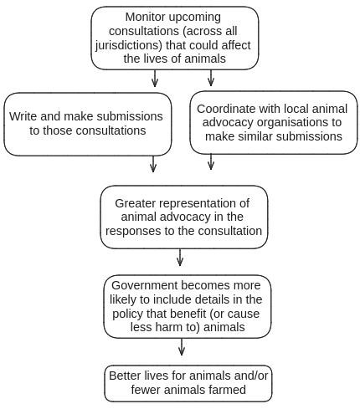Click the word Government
click(x=152, y=284)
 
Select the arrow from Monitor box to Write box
click(x=155, y=79)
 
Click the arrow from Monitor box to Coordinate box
click(x=211, y=78)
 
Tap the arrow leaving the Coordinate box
click(x=211, y=161)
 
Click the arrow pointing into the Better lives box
click(x=182, y=346)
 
